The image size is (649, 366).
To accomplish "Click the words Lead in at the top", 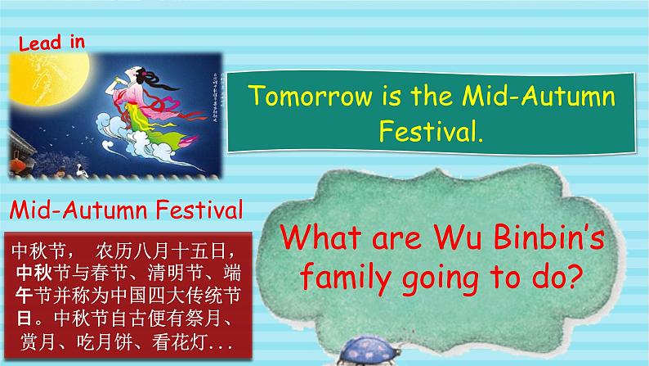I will pos(50,43).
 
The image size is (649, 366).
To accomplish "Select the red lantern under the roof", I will pos(19,164).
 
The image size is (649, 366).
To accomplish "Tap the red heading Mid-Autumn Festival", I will pos(128,211).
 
